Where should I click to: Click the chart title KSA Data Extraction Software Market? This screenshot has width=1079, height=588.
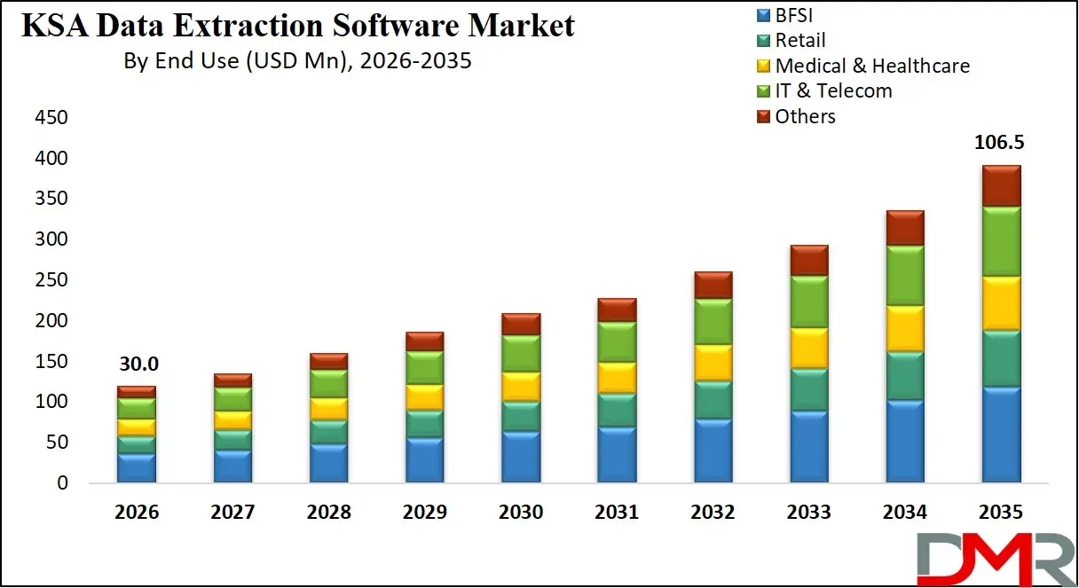coord(297,26)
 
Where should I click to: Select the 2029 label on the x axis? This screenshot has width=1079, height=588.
coord(424,513)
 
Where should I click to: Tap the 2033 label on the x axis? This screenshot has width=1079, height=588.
coord(808,513)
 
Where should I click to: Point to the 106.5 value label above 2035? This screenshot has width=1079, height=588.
coord(1001,143)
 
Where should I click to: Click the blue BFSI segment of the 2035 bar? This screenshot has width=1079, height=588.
coord(1001,435)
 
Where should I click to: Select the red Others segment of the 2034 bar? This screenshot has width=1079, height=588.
coord(905,228)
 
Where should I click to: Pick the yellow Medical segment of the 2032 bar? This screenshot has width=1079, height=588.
coord(713,362)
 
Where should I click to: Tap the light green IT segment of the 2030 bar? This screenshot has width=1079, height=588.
coord(521,353)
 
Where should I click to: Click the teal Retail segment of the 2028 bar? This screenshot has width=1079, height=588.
coord(328,431)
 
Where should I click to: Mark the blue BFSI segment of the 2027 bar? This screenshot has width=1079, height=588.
coord(232,466)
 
